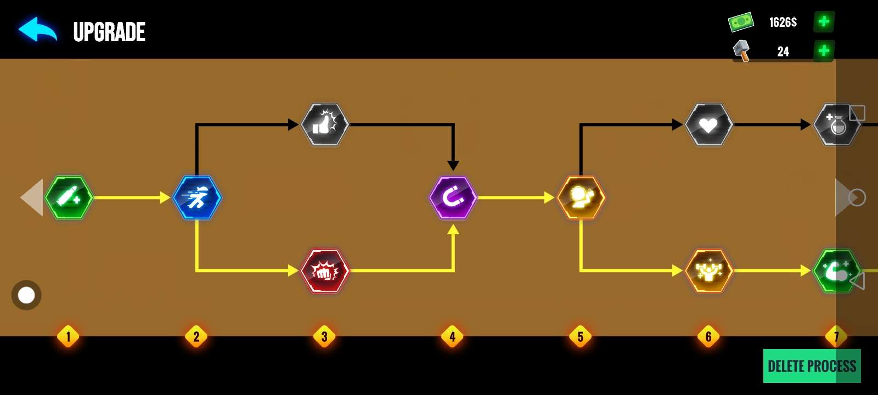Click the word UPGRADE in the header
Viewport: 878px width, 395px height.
(109, 32)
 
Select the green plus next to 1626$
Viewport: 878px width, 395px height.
(824, 22)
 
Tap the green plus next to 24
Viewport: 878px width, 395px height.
(824, 51)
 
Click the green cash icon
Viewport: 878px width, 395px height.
(741, 22)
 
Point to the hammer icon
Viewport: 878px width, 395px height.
(741, 51)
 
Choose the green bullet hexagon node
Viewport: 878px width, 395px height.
(69, 198)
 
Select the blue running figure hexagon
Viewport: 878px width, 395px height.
(197, 198)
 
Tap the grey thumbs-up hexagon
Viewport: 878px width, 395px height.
(325, 125)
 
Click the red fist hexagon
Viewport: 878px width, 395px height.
(325, 271)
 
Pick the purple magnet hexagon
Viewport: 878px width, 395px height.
(453, 198)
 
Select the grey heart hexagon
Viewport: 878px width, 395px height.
(709, 125)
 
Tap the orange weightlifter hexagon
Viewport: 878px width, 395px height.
(709, 271)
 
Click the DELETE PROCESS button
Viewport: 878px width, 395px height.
(812, 366)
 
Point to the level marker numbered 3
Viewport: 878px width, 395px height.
(324, 336)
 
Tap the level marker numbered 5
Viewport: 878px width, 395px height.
(581, 336)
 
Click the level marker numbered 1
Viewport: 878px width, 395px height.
(68, 336)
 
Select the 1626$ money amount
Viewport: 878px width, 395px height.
(783, 22)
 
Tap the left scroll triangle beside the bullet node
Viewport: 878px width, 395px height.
(33, 198)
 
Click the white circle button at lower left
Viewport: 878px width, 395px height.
(26, 295)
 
